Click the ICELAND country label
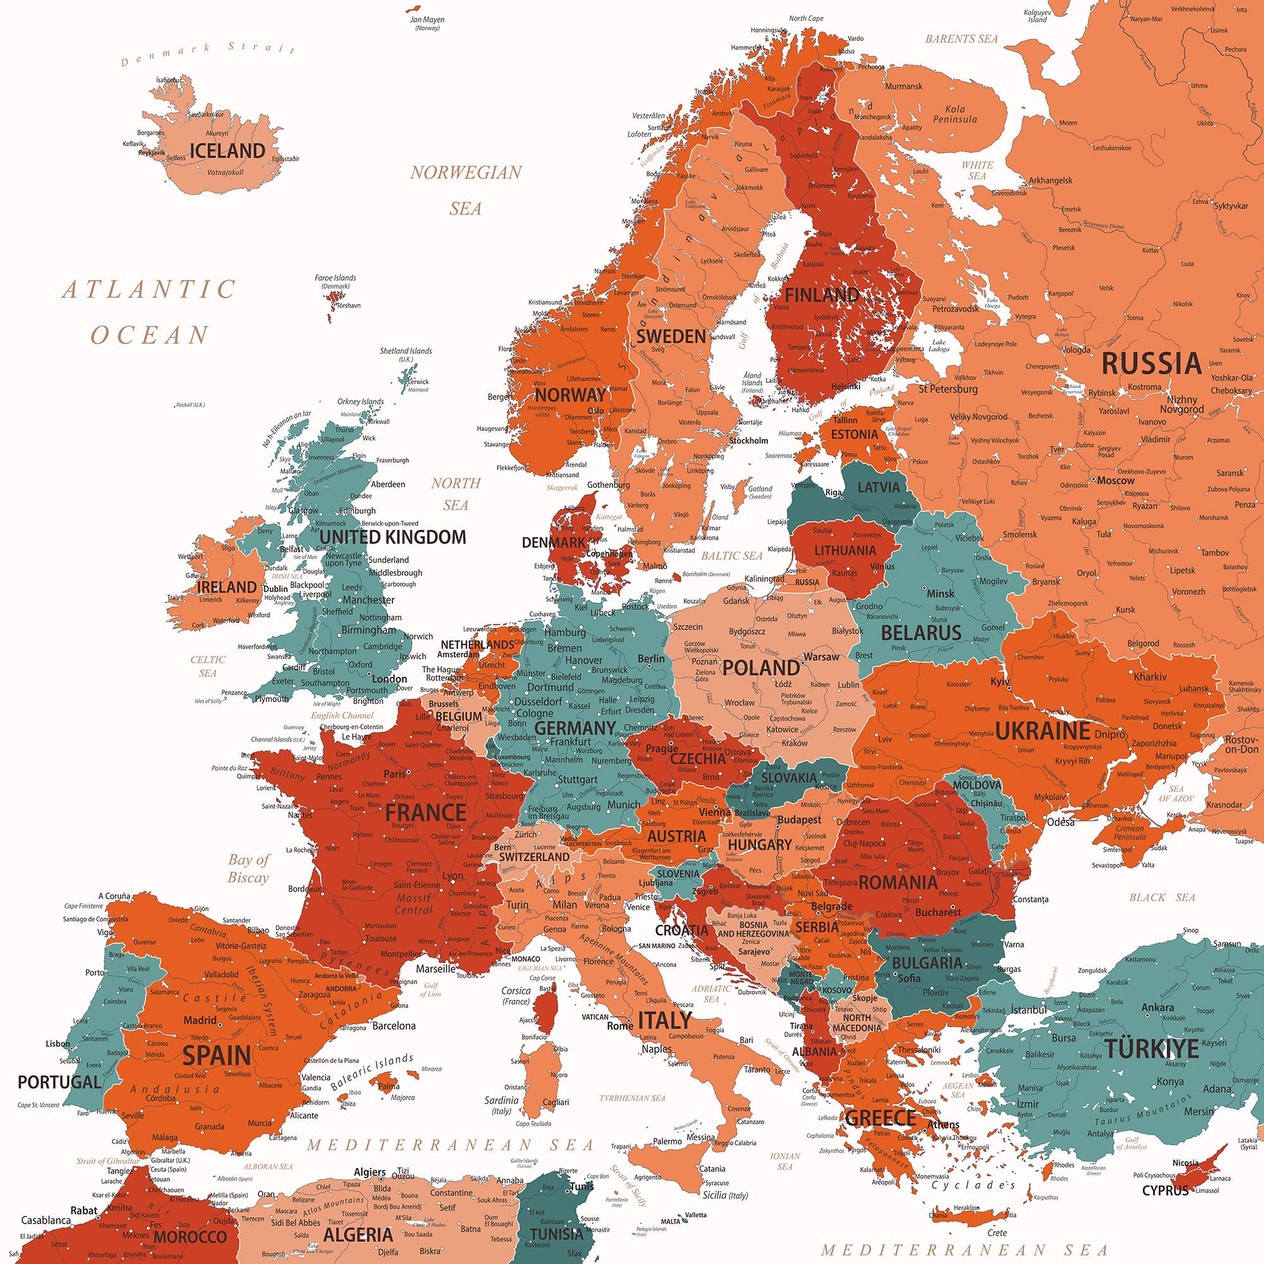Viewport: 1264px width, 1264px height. pos(227,151)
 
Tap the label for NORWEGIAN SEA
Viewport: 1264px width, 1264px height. pos(466,190)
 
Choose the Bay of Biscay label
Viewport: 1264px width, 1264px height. pos(248,868)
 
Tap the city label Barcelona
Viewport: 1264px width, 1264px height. pos(394,1025)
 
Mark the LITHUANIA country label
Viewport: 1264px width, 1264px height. pos(844,550)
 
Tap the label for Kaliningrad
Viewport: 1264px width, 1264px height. pos(764,579)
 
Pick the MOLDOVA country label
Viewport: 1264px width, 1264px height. pos(977,784)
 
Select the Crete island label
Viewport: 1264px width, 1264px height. pos(997,1251)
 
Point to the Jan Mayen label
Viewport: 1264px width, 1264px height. pos(427,20)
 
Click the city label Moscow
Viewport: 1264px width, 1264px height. pos(1115,480)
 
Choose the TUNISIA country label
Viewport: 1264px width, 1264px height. pos(556,1234)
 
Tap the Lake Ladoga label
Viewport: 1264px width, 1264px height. pos(939,346)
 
